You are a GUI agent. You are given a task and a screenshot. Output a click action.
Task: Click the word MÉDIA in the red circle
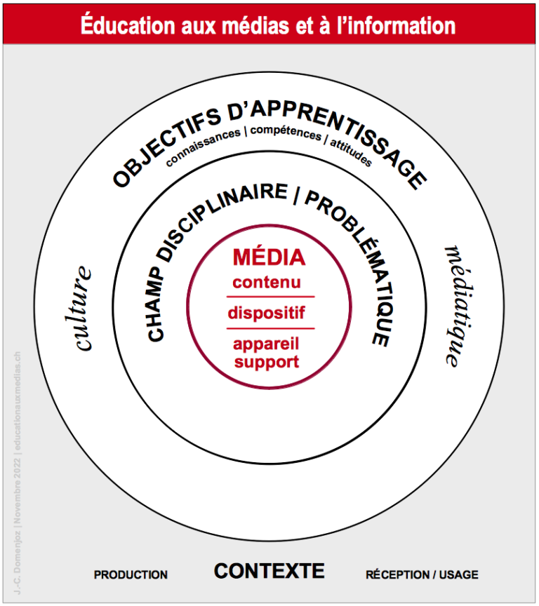tap(269, 257)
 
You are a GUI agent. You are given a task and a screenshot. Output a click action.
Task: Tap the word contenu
tap(267, 283)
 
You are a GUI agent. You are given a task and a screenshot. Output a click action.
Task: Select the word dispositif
tap(267, 313)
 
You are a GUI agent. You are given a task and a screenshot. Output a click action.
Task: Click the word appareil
tap(267, 345)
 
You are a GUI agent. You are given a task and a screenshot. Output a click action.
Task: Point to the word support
tap(267, 362)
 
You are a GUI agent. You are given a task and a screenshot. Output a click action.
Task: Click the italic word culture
tap(83, 309)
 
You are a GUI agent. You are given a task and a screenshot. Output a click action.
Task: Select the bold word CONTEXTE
tap(269, 571)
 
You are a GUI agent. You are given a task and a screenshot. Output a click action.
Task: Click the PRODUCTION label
tap(131, 574)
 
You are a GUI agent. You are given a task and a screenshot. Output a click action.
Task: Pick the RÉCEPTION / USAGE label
tap(422, 574)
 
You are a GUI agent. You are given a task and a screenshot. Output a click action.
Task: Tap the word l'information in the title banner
tap(397, 27)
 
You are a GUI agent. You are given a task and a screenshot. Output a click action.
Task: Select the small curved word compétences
tap(285, 131)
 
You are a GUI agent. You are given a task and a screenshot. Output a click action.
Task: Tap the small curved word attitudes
tap(350, 150)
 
